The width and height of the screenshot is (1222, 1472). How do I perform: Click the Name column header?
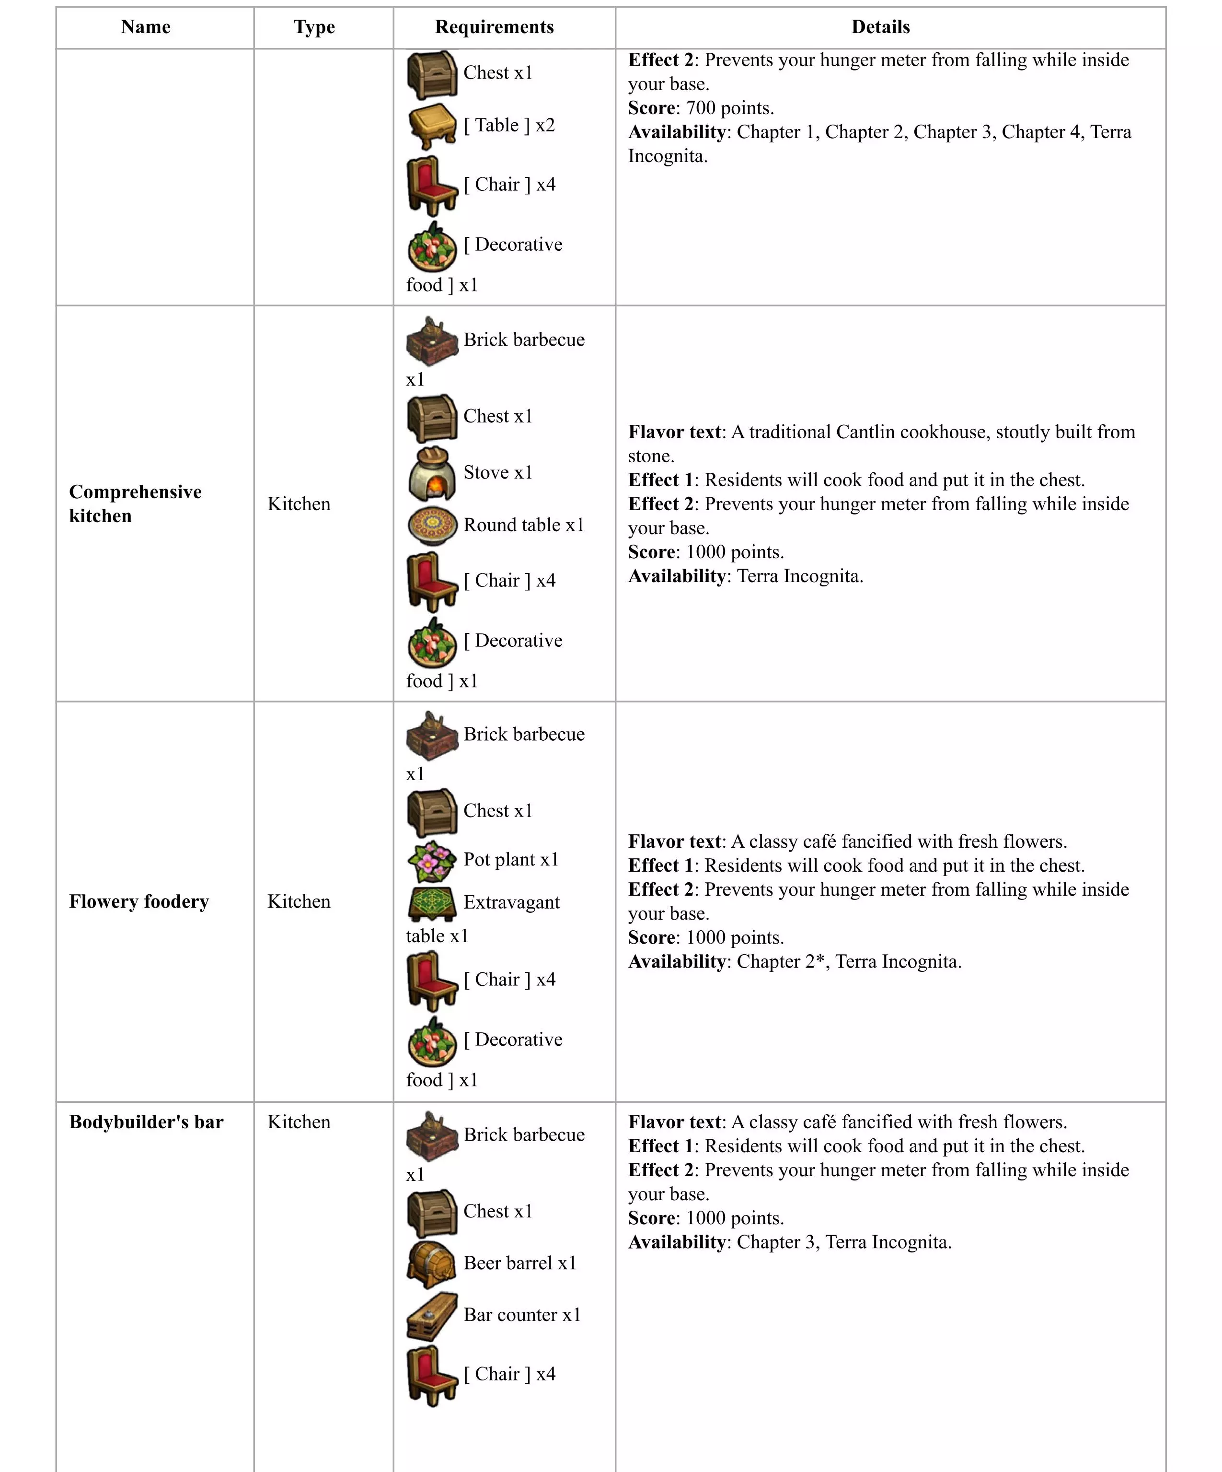[146, 27]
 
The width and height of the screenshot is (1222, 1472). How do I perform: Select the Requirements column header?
[494, 27]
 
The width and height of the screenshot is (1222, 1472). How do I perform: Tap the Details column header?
[880, 27]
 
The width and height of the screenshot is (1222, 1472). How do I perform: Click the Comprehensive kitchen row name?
[135, 503]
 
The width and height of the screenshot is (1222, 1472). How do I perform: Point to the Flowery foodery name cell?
[139, 901]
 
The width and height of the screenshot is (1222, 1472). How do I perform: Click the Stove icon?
[432, 473]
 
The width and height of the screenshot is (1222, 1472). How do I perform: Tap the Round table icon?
[432, 525]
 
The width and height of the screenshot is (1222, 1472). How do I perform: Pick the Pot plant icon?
[432, 861]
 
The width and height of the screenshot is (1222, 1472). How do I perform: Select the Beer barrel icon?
[432, 1264]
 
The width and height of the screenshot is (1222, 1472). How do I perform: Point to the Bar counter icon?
[432, 1316]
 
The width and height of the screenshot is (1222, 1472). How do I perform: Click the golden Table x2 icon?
[432, 126]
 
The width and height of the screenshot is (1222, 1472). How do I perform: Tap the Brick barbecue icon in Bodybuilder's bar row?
[432, 1135]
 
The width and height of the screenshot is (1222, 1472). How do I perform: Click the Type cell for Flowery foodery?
[299, 901]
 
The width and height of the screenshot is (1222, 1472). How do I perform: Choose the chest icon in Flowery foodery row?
[432, 812]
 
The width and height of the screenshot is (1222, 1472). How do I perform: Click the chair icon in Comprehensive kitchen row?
[432, 582]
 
